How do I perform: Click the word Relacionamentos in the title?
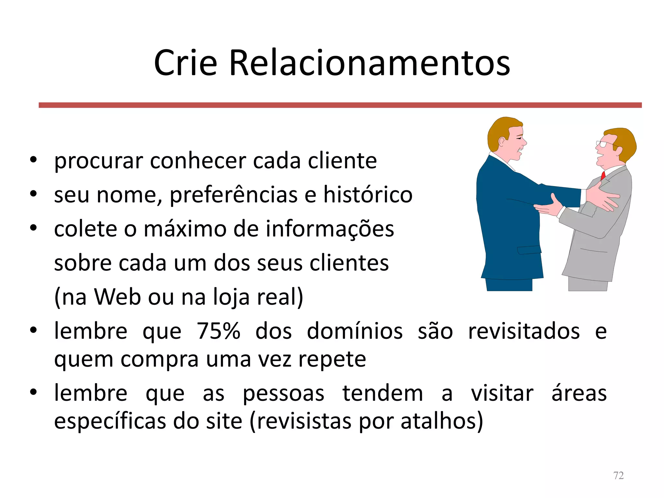[x=370, y=63]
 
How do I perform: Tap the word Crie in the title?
[x=185, y=63]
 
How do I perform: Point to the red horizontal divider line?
[x=340, y=105]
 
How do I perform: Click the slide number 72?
[x=618, y=475]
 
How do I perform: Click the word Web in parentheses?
[x=117, y=297]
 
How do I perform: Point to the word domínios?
[x=355, y=331]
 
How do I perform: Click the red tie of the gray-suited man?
[x=603, y=175]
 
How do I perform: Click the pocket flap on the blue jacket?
[x=529, y=250]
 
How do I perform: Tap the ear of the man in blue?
[x=502, y=142]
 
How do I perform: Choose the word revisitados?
[x=524, y=331]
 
